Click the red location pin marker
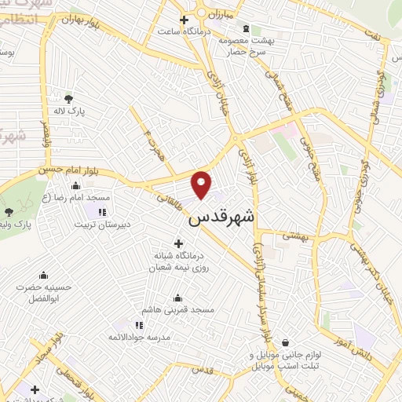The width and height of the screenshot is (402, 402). (203, 183)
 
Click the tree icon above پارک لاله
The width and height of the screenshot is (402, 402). (68, 98)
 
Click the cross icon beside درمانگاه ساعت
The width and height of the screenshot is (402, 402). (184, 20)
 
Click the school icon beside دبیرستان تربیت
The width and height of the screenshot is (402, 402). (101, 212)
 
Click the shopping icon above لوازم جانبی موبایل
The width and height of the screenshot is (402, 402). (284, 342)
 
